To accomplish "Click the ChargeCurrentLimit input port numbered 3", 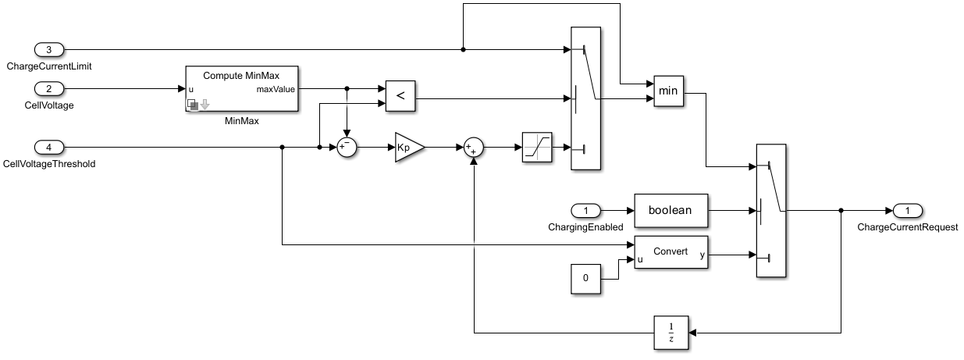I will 50,50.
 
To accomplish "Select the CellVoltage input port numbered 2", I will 50,89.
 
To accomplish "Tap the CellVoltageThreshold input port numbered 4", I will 50,148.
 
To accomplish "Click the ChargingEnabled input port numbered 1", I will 587,210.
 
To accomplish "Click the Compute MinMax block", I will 242,89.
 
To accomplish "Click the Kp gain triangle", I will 407,148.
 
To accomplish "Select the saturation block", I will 537,148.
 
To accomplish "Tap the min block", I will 668,91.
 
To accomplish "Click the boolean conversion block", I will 671,210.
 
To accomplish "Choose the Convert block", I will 671,252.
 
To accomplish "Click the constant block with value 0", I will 587,279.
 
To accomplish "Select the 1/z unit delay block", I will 671,333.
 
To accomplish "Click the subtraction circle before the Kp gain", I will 347,148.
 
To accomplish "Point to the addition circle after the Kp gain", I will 475,148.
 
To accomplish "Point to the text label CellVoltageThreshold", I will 50,164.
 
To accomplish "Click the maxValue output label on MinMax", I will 276,89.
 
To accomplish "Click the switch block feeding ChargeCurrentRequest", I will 772,210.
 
